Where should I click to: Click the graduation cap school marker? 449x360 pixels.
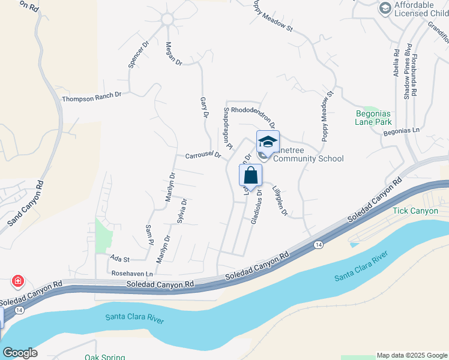[x=268, y=142]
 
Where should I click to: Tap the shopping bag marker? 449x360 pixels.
[x=250, y=176]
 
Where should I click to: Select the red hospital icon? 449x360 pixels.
[x=19, y=281]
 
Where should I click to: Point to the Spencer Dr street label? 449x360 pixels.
[x=137, y=55]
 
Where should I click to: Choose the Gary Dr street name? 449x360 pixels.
[x=204, y=107]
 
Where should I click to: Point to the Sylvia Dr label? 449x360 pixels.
[x=181, y=211]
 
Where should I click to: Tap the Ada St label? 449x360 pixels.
[x=120, y=258]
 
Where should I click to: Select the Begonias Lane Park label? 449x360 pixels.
[x=373, y=116]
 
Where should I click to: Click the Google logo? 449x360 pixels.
[x=20, y=352]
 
